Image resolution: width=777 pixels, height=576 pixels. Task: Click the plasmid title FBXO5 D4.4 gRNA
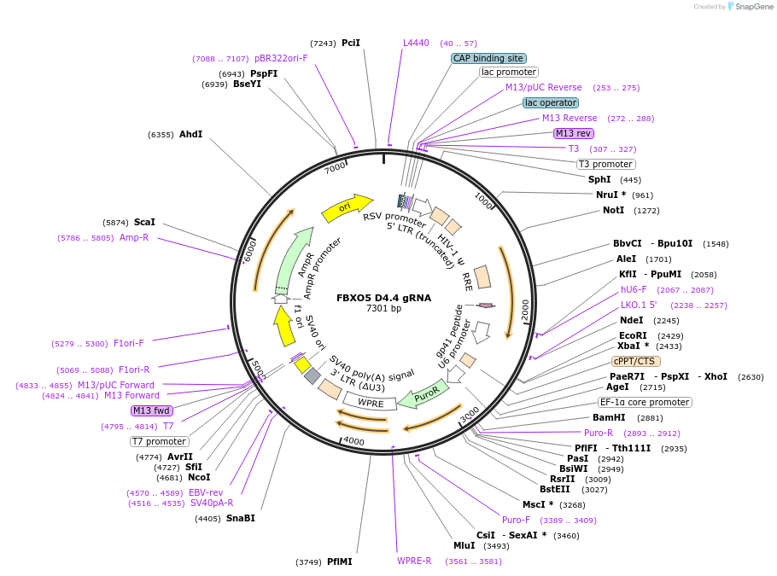[x=383, y=298]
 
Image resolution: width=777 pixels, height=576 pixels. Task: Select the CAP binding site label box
[x=488, y=59]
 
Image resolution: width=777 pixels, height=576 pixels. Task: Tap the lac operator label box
[x=550, y=102]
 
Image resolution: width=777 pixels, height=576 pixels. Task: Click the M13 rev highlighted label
[x=573, y=133]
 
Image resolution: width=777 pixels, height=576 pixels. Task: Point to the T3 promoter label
[x=605, y=164]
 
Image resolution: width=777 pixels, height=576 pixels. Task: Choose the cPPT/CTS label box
[x=635, y=361]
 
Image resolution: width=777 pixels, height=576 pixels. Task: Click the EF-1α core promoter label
[x=644, y=402]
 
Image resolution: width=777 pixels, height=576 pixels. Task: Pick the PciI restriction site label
[x=350, y=43]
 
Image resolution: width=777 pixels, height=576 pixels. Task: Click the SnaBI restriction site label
[x=240, y=518]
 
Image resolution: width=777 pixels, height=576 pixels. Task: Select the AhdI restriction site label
[x=190, y=134]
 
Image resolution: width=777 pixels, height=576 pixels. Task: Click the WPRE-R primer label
[x=414, y=561]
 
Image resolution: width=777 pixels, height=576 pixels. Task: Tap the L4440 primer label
[x=416, y=43]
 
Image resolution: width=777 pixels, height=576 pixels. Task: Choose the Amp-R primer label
[x=134, y=237]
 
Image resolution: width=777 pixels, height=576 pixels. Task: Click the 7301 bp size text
[x=383, y=309]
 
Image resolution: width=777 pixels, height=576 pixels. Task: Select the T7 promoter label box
[x=159, y=441]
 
